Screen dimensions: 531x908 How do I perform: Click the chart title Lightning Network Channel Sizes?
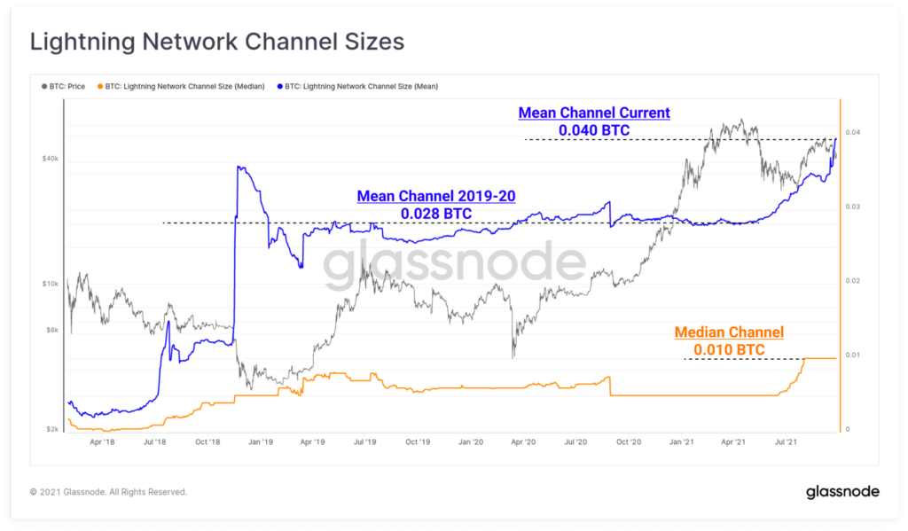click(217, 42)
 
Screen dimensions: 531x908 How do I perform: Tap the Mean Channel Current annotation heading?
click(594, 113)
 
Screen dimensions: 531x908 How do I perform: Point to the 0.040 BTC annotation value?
click(594, 130)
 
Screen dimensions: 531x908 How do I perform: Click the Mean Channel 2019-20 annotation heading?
click(435, 196)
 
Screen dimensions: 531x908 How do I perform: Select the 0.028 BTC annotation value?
click(435, 214)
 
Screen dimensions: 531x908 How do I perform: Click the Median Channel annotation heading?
click(729, 332)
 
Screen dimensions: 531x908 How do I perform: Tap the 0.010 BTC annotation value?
click(729, 350)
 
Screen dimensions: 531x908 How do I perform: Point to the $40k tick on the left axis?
click(50, 159)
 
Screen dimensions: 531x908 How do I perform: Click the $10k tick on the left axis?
click(50, 284)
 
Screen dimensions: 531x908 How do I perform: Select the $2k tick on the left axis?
click(51, 429)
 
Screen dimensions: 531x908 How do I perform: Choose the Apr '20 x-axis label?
click(524, 441)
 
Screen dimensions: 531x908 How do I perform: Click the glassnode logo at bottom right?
click(841, 491)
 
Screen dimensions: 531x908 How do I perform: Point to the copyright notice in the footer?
click(108, 491)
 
